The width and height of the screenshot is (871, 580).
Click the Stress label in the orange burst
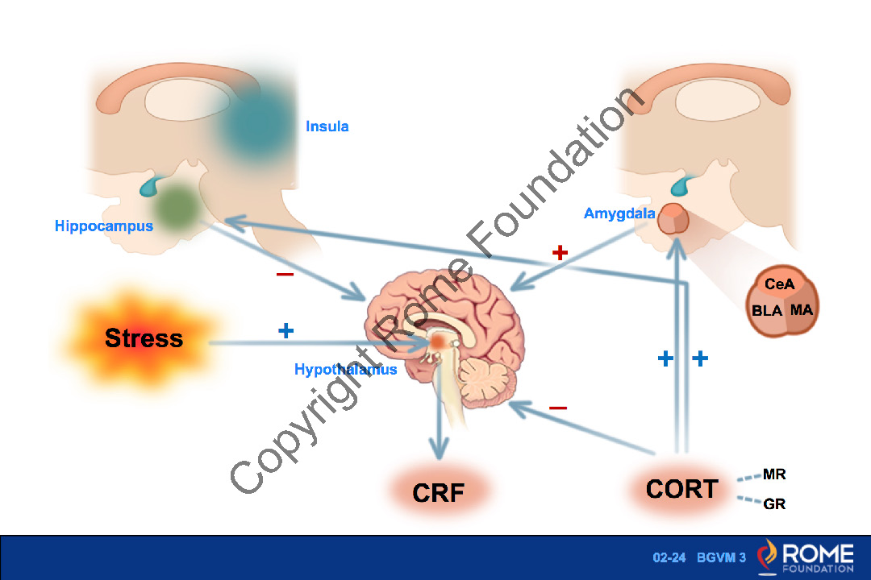pos(144,338)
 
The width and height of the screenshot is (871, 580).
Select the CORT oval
pos(681,488)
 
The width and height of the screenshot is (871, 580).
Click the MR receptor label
pos(774,474)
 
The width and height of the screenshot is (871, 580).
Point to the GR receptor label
pos(774,504)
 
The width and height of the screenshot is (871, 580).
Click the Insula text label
pos(327,126)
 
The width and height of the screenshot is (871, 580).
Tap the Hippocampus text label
pos(104,226)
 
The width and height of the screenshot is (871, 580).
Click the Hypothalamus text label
pos(345,370)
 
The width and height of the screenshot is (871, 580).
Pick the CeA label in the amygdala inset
pos(779,284)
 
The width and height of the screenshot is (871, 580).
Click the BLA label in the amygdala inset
pos(767,311)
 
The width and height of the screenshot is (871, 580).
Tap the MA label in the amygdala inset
pos(802,309)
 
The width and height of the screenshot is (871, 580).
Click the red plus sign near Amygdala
pos(560,253)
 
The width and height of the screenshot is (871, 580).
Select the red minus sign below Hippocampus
pos(285,275)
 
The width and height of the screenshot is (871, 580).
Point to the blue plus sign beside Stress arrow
pos(285,330)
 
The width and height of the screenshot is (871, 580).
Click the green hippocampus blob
pos(177,205)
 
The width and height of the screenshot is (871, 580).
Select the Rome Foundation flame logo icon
pos(769,556)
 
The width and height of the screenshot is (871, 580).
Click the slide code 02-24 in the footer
pos(669,557)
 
